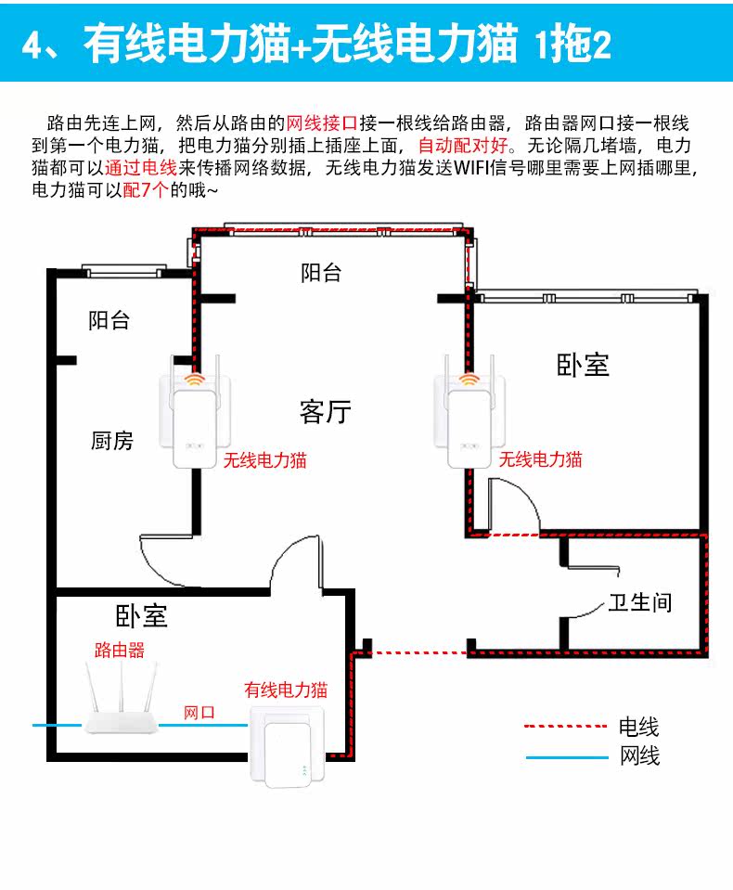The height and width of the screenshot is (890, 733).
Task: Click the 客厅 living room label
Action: pyautogui.click(x=326, y=411)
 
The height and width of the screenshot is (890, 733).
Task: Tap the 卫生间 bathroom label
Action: pyautogui.click(x=639, y=603)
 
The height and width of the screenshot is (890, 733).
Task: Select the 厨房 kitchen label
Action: pyautogui.click(x=112, y=441)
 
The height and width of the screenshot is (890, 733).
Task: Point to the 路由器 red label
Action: pyautogui.click(x=120, y=650)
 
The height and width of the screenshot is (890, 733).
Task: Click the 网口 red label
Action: pyautogui.click(x=199, y=713)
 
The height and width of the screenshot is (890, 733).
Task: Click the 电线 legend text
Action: pyautogui.click(x=639, y=727)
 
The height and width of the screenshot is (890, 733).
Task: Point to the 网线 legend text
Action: pyautogui.click(x=639, y=756)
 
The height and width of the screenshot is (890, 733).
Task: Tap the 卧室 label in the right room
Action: pyautogui.click(x=583, y=365)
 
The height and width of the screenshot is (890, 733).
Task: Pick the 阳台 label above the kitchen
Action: pyautogui.click(x=109, y=321)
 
